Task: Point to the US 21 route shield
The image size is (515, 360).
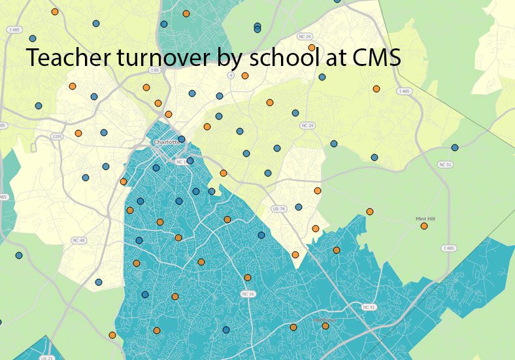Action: (x=47, y=357)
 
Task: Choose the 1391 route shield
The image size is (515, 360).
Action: (x=56, y=137)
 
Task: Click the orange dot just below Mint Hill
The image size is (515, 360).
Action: (x=424, y=226)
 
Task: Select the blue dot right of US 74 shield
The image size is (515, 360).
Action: (x=299, y=207)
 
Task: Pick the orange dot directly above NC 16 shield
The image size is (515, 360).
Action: (x=248, y=278)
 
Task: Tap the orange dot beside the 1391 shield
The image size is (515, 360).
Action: (x=78, y=133)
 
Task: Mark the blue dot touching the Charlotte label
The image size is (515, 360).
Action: (x=182, y=139)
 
